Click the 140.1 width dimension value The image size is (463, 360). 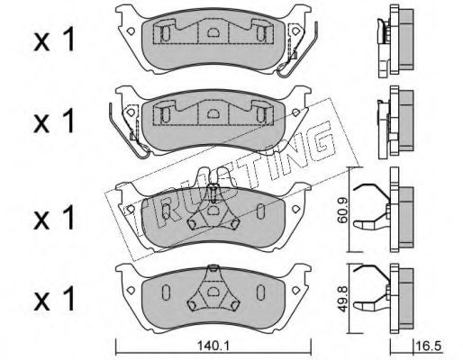coord(213,346)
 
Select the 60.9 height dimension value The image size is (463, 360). coord(342,210)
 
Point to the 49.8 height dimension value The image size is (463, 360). coord(342,300)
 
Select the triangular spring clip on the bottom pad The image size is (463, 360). coord(213,288)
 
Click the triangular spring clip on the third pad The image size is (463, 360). coord(213,209)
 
